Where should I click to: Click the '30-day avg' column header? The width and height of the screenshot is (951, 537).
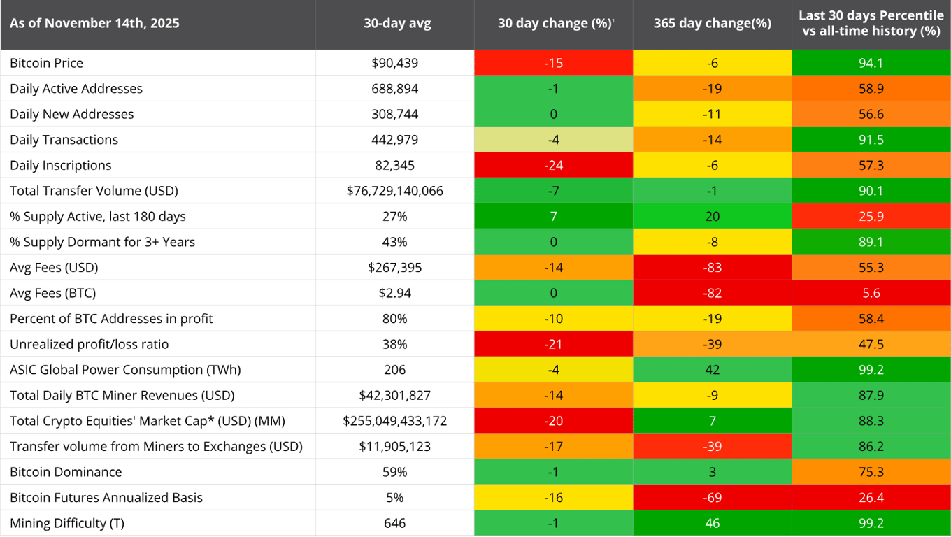(396, 23)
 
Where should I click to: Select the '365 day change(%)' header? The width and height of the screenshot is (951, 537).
(712, 23)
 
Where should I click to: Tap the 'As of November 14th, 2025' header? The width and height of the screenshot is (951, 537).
(94, 23)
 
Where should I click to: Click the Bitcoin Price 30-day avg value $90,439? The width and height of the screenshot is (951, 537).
(395, 63)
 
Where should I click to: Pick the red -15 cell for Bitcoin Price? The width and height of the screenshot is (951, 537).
(554, 63)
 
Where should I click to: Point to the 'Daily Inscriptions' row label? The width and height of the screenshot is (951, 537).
(60, 165)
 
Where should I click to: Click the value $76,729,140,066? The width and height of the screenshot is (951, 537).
(395, 191)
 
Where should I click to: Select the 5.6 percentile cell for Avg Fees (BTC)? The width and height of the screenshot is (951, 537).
(871, 293)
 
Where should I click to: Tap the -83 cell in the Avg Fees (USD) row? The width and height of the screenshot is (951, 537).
(712, 267)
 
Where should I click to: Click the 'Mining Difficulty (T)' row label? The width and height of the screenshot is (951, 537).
(67, 523)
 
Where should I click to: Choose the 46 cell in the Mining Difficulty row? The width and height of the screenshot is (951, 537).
(712, 523)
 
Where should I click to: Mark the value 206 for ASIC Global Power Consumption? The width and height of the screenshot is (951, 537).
(395, 370)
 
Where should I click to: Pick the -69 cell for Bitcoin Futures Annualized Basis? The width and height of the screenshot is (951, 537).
(712, 497)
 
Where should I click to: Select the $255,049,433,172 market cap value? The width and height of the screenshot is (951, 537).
(395, 421)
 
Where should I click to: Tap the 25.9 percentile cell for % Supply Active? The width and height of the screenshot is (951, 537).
(871, 216)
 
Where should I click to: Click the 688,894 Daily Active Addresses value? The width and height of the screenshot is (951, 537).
(395, 89)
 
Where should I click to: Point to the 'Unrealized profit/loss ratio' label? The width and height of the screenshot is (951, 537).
(89, 344)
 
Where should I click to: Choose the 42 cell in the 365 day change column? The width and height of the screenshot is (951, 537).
(712, 370)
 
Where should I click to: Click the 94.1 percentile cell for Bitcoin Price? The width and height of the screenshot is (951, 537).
(871, 63)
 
